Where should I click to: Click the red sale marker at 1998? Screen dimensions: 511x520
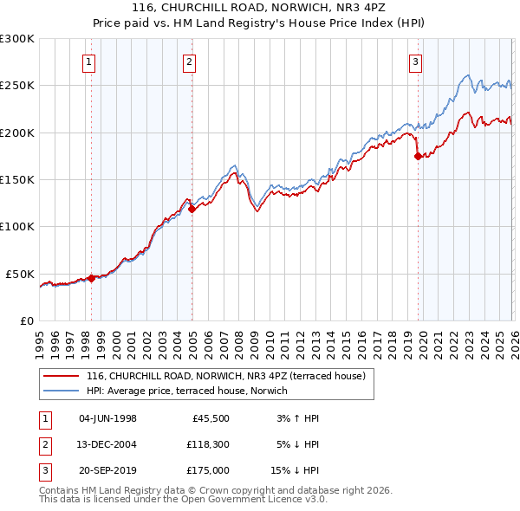point(91,278)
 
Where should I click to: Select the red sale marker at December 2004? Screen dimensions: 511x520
point(192,209)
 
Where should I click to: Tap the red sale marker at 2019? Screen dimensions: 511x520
point(418,156)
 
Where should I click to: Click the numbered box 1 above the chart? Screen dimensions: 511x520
point(90,61)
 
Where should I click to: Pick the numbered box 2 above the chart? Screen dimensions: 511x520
point(189,61)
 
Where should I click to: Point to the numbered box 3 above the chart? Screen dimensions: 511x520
point(415,61)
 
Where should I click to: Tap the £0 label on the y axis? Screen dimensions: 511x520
point(26,320)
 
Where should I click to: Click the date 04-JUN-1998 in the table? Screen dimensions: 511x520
point(107,418)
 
